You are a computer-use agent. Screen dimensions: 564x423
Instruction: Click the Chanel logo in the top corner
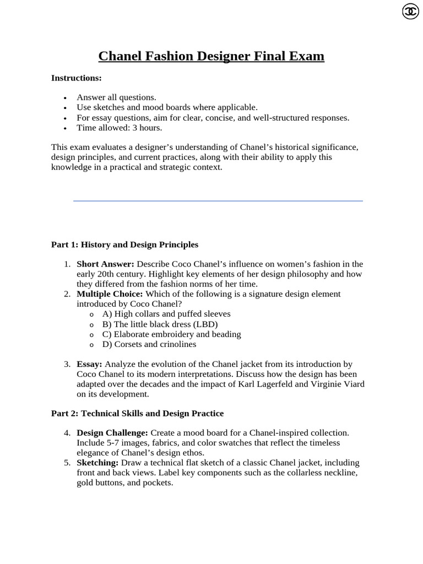coord(410,12)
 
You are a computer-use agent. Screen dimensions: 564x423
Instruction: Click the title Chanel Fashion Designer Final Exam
coord(211,56)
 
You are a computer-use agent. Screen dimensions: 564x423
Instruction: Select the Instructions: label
coord(77,78)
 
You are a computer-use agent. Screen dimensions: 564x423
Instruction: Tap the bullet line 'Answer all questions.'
coord(116,97)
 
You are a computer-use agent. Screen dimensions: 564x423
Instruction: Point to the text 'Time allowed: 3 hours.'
coord(120,128)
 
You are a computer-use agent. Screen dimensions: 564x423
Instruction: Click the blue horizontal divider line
coord(218,201)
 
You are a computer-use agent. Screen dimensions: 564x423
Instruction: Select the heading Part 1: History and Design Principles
coord(124,244)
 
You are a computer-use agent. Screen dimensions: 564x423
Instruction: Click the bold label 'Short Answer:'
coord(105,264)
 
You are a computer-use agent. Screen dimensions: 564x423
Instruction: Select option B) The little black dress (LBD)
coord(160,324)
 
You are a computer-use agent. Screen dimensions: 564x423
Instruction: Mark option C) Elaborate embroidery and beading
coord(171,334)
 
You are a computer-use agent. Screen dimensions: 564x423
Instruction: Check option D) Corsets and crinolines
coord(149,344)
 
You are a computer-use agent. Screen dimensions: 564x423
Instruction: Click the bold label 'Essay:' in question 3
coord(89,364)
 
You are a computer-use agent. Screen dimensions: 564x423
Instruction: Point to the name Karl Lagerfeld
coord(263,384)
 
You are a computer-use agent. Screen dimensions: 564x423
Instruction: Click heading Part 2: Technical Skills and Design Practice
coord(137,413)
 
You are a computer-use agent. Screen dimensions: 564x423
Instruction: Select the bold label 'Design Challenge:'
coord(112,433)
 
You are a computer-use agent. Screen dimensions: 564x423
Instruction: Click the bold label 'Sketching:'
coord(97,463)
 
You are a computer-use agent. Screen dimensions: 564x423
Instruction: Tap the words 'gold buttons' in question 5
coord(99,482)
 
